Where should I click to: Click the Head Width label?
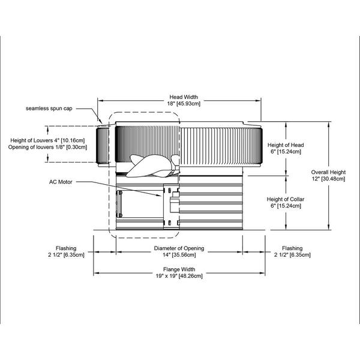(184, 97)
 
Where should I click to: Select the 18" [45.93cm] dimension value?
(184, 104)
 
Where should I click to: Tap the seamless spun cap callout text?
(49, 109)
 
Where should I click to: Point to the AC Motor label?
(61, 182)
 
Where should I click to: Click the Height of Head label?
(286, 145)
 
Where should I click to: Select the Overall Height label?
(328, 172)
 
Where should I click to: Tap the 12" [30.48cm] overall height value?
(328, 179)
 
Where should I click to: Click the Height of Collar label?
(286, 199)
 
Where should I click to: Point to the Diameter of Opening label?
(179, 248)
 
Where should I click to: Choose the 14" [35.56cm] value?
(179, 254)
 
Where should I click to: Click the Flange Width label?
(179, 269)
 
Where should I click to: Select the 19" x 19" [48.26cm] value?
(179, 276)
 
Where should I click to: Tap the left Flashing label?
(66, 248)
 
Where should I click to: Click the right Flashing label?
(292, 248)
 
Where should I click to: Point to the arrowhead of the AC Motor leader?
(160, 195)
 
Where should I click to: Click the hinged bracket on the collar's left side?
(119, 204)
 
